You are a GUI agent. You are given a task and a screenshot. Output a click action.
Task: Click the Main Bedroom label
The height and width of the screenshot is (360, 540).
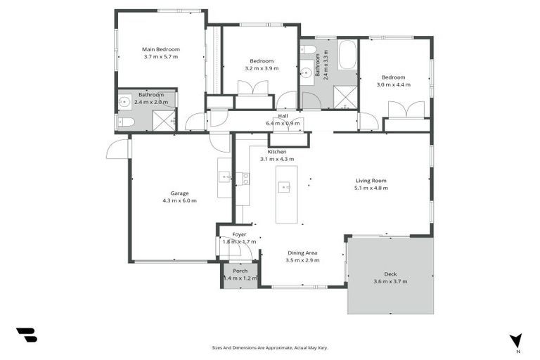[x=161, y=49]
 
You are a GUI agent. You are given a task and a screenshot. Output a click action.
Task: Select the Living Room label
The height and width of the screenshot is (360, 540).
[x=371, y=181]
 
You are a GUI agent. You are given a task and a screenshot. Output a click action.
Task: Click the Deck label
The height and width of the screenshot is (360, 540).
[x=390, y=274]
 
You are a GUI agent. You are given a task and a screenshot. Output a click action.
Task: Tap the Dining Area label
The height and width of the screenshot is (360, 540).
[x=303, y=252]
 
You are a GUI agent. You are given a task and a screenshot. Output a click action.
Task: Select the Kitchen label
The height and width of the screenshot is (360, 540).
[x=277, y=152]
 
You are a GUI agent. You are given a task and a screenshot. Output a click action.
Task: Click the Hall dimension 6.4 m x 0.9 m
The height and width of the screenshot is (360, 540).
[x=283, y=123]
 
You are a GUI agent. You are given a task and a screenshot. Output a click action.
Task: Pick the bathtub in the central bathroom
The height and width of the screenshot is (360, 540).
[x=347, y=55]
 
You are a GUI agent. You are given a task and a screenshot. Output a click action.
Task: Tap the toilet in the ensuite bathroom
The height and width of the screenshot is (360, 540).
[x=126, y=122]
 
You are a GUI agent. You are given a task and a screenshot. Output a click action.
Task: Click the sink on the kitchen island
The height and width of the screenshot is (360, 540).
[x=284, y=186]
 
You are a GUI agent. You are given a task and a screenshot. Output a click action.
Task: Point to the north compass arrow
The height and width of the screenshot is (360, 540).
[x=517, y=341]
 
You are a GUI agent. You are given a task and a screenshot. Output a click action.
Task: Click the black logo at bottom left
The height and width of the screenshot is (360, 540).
[x=27, y=335]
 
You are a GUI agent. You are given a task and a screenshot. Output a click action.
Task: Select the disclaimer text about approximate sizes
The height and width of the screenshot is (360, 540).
[x=269, y=347]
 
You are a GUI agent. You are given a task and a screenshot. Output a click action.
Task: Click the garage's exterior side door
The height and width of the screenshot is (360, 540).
[x=118, y=148]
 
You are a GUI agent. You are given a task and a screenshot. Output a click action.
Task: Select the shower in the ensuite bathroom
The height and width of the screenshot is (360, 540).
[x=163, y=121]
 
